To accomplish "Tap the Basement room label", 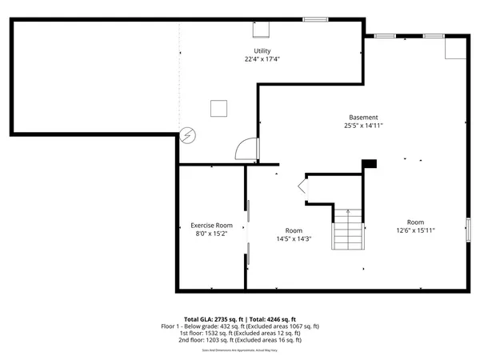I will coord(363,118).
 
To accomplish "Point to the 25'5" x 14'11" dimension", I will coord(363,126).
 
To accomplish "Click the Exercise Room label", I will coord(211,226).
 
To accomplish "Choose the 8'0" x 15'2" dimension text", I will coord(211,234).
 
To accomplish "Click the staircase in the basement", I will coord(348,229).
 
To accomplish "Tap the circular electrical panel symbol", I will coord(186,136).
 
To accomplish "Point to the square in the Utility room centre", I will coord(218,108).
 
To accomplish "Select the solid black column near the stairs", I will coord(369,164).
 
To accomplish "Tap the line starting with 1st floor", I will coord(240,333).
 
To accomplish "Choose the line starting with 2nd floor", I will coord(240,340).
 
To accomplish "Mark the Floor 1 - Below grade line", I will coord(240,326).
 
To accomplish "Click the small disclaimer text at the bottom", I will coord(240,350).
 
